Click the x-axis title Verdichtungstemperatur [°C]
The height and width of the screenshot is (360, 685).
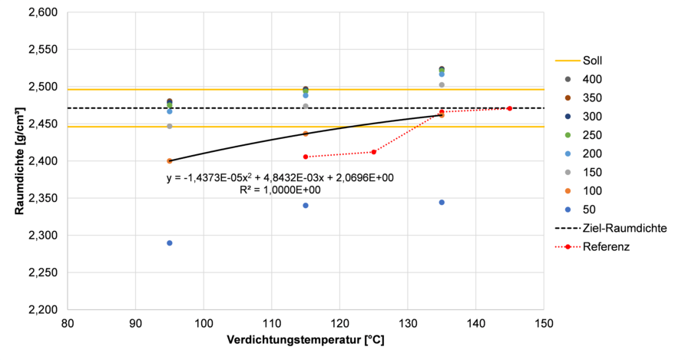[x=306, y=341]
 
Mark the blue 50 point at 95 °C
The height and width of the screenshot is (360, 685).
[x=170, y=243]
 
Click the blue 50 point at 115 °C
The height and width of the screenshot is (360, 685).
[x=306, y=205]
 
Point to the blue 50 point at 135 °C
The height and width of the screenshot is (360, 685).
[x=442, y=202]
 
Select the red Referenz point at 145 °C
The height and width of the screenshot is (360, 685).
[x=510, y=108]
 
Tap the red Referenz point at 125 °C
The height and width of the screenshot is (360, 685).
[x=374, y=151]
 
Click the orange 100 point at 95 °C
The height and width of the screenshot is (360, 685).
[x=170, y=160]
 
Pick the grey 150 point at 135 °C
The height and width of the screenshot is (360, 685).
[x=442, y=84]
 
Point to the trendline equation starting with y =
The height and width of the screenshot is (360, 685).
[x=280, y=178]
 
